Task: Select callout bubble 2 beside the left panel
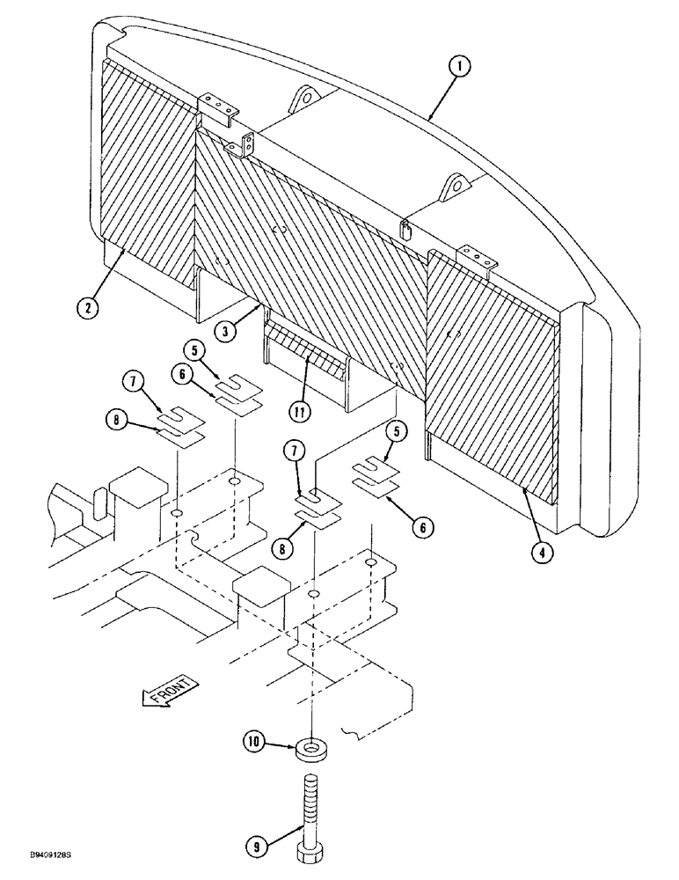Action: point(88,307)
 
